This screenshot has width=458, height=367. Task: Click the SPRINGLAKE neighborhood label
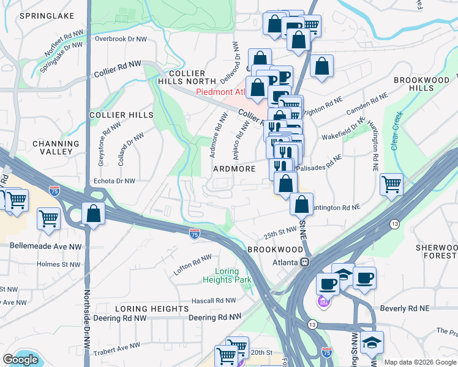click(47, 15)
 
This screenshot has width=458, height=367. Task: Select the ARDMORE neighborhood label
click(233, 168)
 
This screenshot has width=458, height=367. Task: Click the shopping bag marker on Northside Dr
click(93, 215)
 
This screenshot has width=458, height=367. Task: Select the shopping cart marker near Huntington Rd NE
click(391, 183)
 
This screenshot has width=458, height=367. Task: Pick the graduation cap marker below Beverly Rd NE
click(371, 344)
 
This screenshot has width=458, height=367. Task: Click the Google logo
click(20, 360)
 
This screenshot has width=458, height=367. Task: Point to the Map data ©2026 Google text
click(419, 362)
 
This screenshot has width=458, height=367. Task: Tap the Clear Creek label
click(397, 127)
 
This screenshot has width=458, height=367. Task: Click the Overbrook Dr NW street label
click(121, 39)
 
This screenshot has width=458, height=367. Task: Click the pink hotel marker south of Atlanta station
click(324, 302)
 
